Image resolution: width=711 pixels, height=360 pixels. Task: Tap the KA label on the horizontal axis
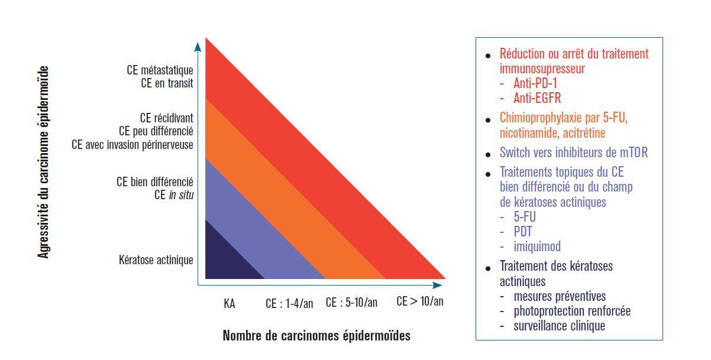(230, 304)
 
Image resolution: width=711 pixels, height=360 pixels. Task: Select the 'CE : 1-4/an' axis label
(289, 304)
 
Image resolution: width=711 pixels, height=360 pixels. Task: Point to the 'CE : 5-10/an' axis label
(351, 302)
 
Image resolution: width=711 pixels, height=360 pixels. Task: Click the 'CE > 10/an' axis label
(419, 301)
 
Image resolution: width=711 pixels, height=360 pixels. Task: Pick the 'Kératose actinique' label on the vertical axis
(156, 260)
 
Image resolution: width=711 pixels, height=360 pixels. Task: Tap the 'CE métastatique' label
(160, 70)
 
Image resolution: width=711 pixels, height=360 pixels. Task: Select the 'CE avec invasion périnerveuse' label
(132, 144)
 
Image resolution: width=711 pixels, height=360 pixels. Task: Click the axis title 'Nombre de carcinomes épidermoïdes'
(316, 336)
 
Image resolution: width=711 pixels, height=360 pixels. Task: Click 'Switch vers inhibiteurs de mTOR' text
(574, 153)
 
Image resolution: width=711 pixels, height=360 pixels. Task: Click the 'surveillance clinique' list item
(559, 326)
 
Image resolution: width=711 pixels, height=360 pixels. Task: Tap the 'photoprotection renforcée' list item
(572, 311)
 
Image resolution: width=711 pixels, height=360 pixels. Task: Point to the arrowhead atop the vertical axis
(198, 46)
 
